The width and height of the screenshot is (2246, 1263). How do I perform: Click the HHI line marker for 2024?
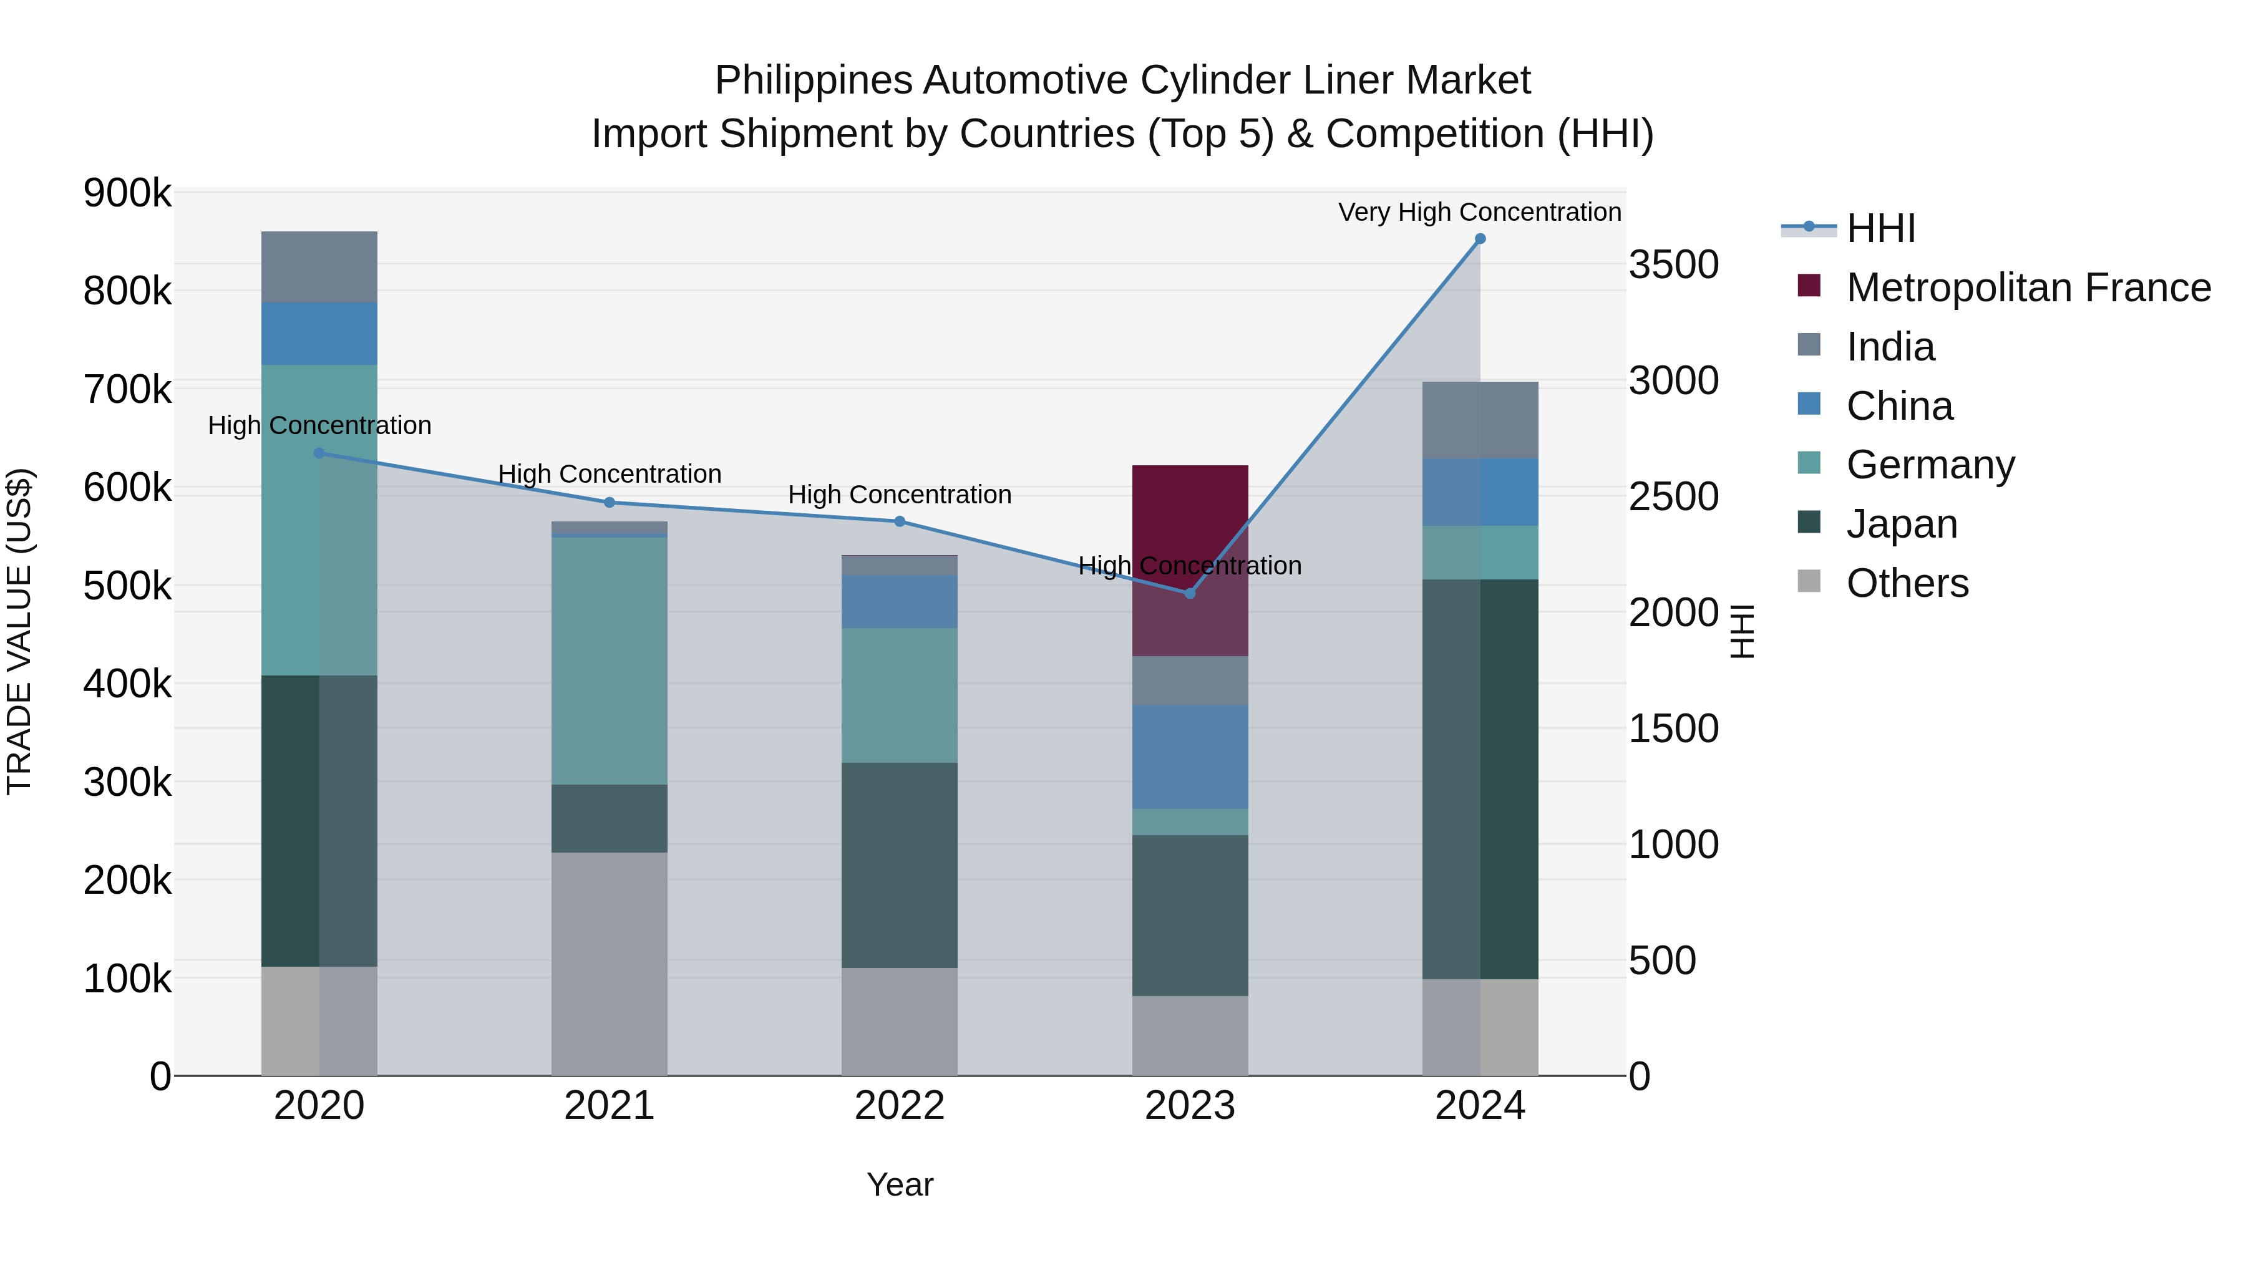[x=1480, y=239]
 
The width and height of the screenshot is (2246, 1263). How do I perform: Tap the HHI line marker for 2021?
[x=610, y=503]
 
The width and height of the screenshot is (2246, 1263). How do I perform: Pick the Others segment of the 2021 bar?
[x=610, y=963]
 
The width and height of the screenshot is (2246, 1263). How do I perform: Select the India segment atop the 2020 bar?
[x=319, y=267]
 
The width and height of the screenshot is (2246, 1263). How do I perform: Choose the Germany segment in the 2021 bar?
[x=610, y=661]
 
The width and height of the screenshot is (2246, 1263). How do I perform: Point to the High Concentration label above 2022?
[x=899, y=494]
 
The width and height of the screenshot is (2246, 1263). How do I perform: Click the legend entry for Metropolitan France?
[x=2028, y=288]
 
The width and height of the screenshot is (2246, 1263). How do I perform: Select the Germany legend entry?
[x=1930, y=465]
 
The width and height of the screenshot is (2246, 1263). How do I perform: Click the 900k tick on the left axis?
[x=127, y=193]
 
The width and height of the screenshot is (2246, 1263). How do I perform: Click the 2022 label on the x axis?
[x=899, y=1106]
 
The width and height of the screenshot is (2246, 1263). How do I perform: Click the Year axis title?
[x=899, y=1184]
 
